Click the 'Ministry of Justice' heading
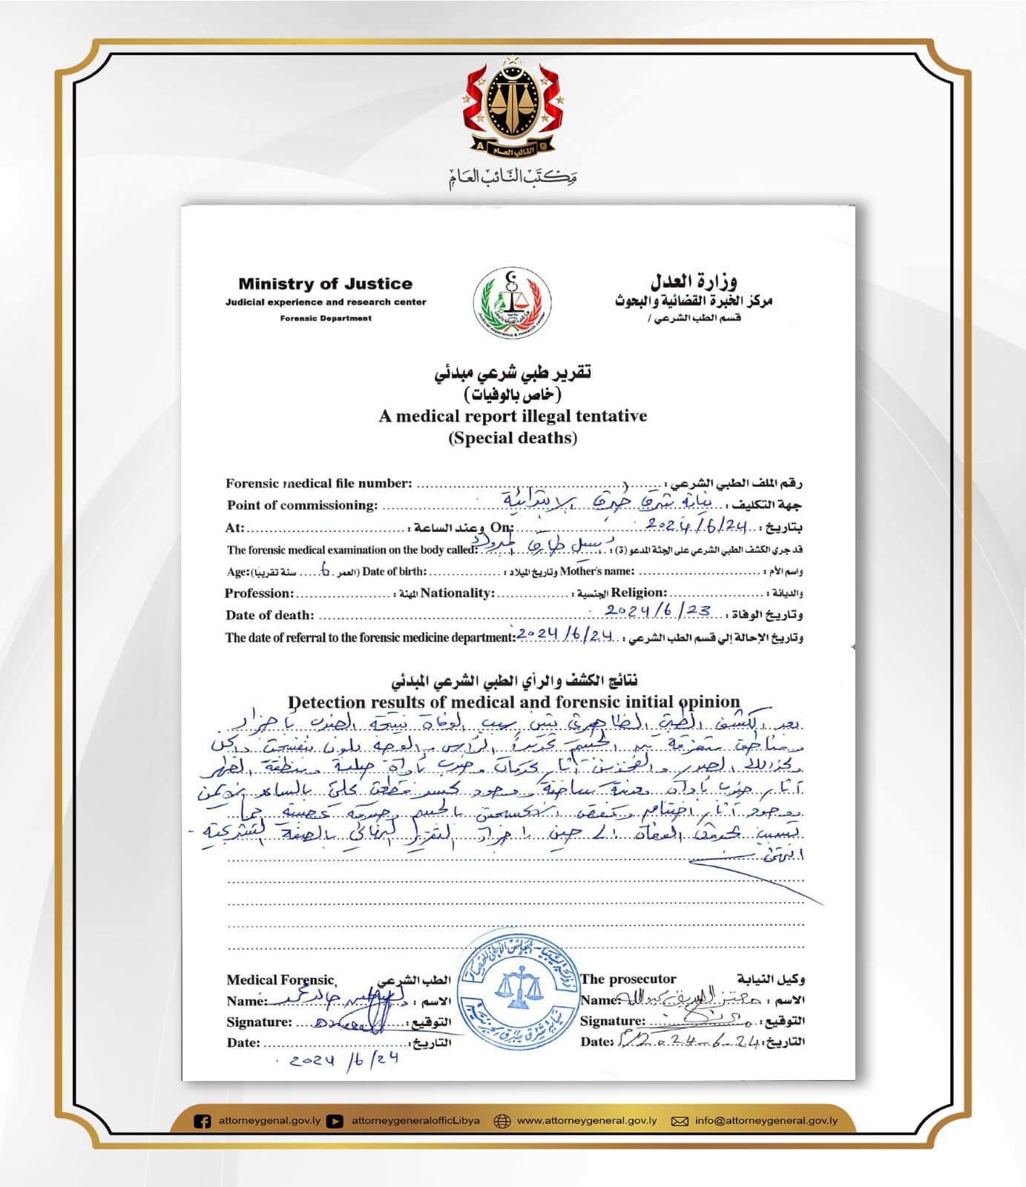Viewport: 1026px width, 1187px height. [325, 283]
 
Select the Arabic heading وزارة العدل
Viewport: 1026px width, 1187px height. [694, 281]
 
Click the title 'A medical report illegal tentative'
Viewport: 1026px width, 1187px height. [513, 416]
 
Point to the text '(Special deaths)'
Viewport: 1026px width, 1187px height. [513, 438]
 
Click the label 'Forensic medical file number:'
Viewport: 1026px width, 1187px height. [318, 484]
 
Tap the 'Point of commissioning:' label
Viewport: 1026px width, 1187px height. [302, 505]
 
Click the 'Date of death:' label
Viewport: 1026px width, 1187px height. [269, 615]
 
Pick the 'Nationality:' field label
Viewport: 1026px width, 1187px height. [457, 593]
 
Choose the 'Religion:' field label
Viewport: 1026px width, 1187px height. [639, 593]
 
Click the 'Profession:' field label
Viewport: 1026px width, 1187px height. [259, 593]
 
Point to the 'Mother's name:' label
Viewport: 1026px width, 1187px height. [597, 571]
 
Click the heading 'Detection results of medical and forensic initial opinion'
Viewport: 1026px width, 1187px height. [513, 702]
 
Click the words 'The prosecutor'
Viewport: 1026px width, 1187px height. [628, 979]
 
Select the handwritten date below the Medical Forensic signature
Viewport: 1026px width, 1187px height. [344, 1059]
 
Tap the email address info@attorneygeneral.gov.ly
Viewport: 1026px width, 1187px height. [766, 1121]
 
